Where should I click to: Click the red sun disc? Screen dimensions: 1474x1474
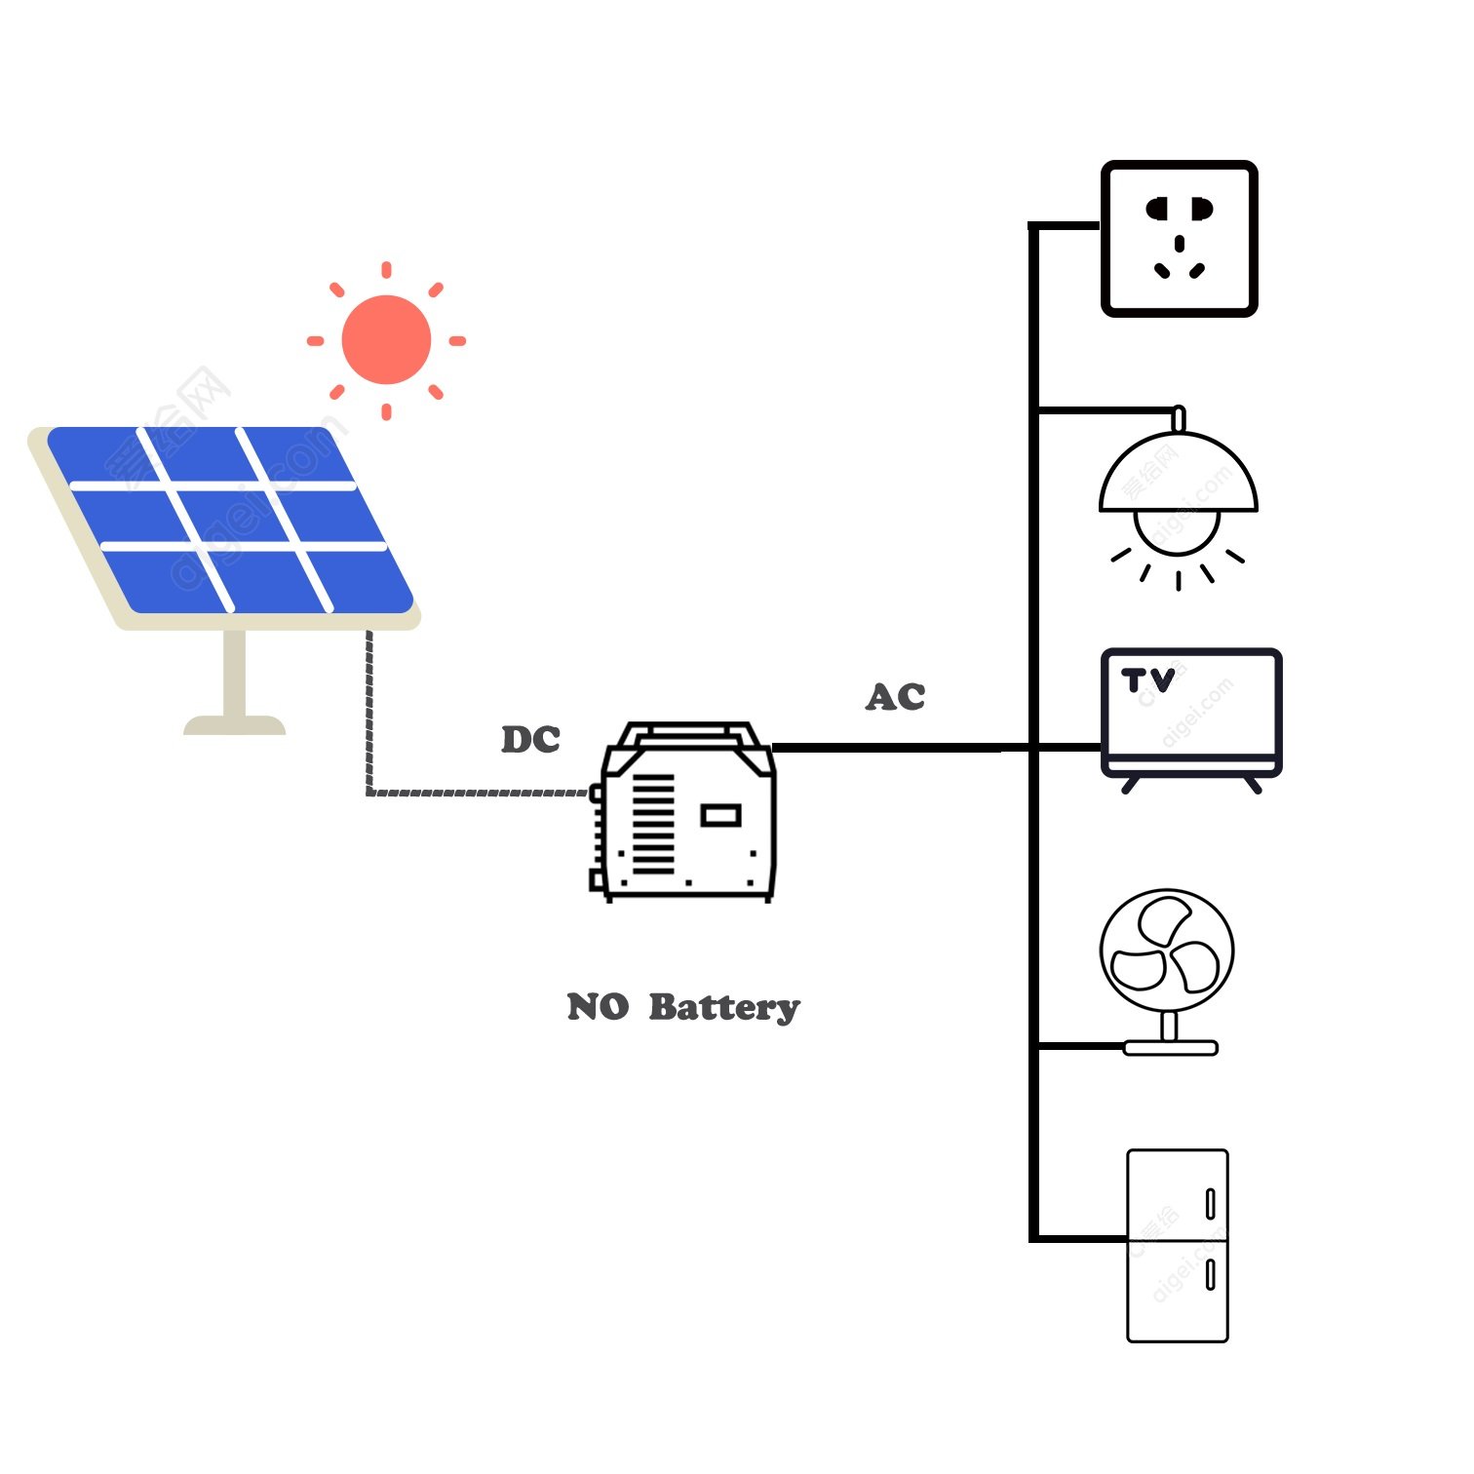pyautogui.click(x=386, y=339)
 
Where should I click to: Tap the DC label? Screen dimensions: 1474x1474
pyautogui.click(x=530, y=740)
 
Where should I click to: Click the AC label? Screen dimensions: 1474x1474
pyautogui.click(x=895, y=697)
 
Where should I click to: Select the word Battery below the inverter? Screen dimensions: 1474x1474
pyautogui.click(x=723, y=1007)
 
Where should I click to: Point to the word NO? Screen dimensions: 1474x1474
pyautogui.click(x=598, y=1007)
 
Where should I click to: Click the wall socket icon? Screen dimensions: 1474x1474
pyautogui.click(x=1179, y=239)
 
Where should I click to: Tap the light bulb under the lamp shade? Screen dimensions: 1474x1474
pyautogui.click(x=1178, y=531)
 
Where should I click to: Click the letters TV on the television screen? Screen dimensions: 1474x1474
pyautogui.click(x=1147, y=680)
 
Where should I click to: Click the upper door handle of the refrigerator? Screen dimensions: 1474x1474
pyautogui.click(x=1210, y=1204)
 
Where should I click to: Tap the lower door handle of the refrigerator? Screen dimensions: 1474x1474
pyautogui.click(x=1210, y=1274)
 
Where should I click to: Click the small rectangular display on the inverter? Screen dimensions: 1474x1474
pyautogui.click(x=720, y=815)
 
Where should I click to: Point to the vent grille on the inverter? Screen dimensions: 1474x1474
pyautogui.click(x=653, y=825)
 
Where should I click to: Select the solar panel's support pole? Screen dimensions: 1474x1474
pyautogui.click(x=234, y=673)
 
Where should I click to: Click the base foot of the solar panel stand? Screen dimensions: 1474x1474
pyautogui.click(x=234, y=725)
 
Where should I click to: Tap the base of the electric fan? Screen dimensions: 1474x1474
pyautogui.click(x=1170, y=1048)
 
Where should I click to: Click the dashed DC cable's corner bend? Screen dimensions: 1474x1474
pyautogui.click(x=369, y=792)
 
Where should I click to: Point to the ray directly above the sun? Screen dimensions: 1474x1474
pyautogui.click(x=387, y=269)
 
